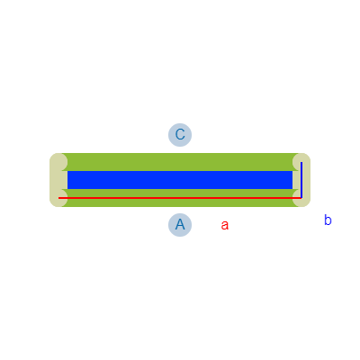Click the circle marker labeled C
pyautogui.click(x=180, y=135)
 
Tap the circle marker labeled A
pyautogui.click(x=180, y=225)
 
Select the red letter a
pyautogui.click(x=225, y=225)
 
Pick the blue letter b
pyautogui.click(x=328, y=220)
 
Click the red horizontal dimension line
pyautogui.click(x=180, y=198)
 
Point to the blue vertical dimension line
pyautogui.click(x=301, y=180)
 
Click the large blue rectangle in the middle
pyautogui.click(x=180, y=180)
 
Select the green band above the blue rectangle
pyautogui.click(x=180, y=162)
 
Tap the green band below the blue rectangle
pyautogui.click(x=180, y=198)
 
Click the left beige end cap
pyautogui.click(x=58, y=180)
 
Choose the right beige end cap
pyautogui.click(x=301, y=180)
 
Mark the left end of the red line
pyautogui.click(x=58, y=198)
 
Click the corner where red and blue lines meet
pyautogui.click(x=301, y=198)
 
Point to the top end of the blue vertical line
pyautogui.click(x=301, y=162)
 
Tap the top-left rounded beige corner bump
pyautogui.click(x=58, y=162)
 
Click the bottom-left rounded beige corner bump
pyautogui.click(x=58, y=198)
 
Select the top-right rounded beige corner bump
pyautogui.click(x=301, y=162)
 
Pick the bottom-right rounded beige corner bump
pyautogui.click(x=301, y=198)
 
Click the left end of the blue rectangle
pyautogui.click(x=67, y=180)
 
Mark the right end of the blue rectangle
pyautogui.click(x=292, y=180)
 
